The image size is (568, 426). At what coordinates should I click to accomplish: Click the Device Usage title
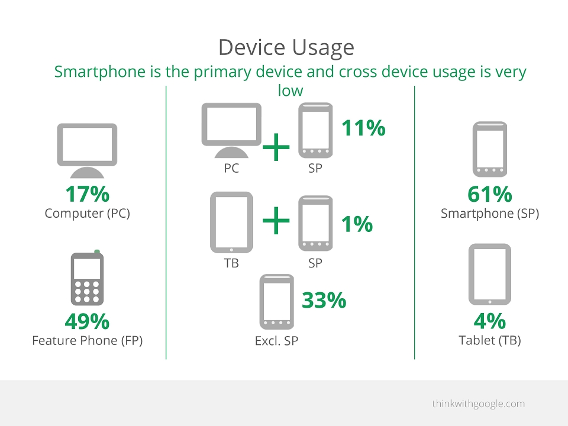point(286,47)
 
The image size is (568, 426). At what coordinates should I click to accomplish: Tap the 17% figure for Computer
point(88,194)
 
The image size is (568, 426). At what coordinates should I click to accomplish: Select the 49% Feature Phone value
point(87,321)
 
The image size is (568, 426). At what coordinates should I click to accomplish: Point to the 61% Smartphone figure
point(490,194)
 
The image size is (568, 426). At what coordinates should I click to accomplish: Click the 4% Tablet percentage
point(490,321)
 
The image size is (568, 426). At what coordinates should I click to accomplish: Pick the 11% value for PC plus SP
point(363,128)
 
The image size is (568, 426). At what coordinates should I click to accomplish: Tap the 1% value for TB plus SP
point(357,224)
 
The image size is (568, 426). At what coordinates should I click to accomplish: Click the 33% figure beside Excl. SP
point(324,301)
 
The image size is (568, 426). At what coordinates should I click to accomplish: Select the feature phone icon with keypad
point(87,278)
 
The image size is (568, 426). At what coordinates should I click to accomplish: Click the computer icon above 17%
point(88,151)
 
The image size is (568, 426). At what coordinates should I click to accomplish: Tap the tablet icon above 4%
point(490,274)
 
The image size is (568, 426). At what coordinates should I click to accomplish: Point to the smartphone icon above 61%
point(490,149)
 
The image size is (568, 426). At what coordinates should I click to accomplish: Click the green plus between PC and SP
point(276,147)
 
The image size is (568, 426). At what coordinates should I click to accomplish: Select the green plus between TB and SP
point(276,220)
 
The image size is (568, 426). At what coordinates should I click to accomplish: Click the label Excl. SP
point(276,341)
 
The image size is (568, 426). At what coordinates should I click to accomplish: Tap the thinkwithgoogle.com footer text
point(479,404)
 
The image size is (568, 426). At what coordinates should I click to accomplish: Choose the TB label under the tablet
point(231,263)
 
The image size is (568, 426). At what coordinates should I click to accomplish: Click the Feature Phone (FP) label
point(88,341)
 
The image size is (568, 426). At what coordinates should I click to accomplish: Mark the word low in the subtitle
point(290,90)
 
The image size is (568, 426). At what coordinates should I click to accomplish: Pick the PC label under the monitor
point(231,168)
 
